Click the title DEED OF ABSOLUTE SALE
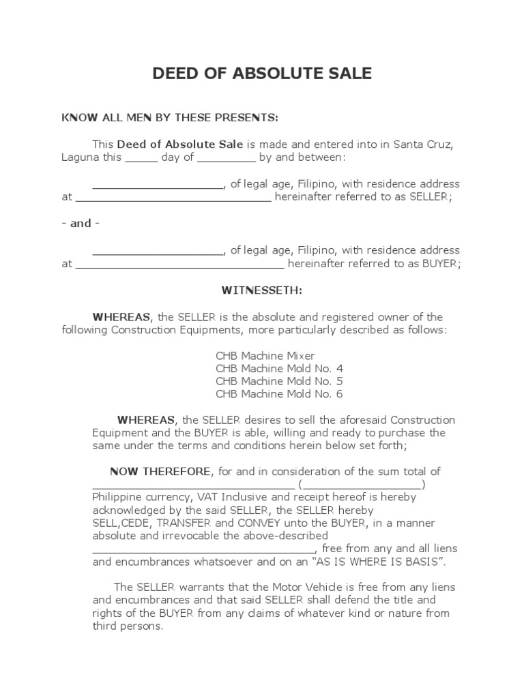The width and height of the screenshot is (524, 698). tap(262, 74)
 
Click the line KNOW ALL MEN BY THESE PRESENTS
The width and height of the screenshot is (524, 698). tap(170, 118)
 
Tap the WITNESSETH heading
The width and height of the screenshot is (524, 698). tap(262, 290)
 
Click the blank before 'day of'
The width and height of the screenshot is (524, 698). tap(141, 158)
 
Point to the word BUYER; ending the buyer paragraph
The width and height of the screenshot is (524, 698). tap(439, 264)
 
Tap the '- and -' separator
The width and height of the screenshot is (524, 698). tap(81, 224)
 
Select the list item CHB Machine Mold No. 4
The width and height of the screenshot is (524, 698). tap(279, 369)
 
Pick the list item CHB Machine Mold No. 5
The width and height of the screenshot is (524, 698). tap(279, 382)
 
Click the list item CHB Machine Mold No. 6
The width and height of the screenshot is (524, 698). tap(279, 394)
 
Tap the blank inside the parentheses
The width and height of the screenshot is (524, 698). tap(362, 485)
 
